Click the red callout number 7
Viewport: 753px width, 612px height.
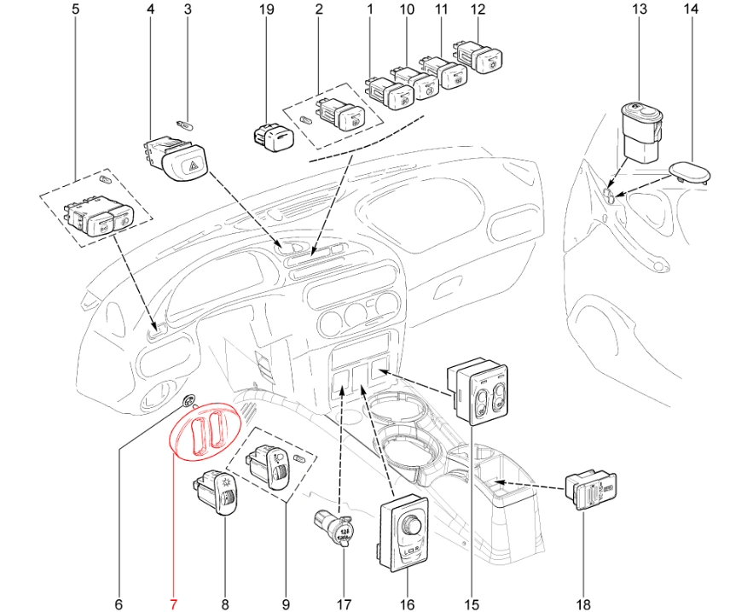tap(175, 604)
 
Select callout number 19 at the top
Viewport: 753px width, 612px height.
tap(266, 10)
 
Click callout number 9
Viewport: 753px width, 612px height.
tap(285, 604)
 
